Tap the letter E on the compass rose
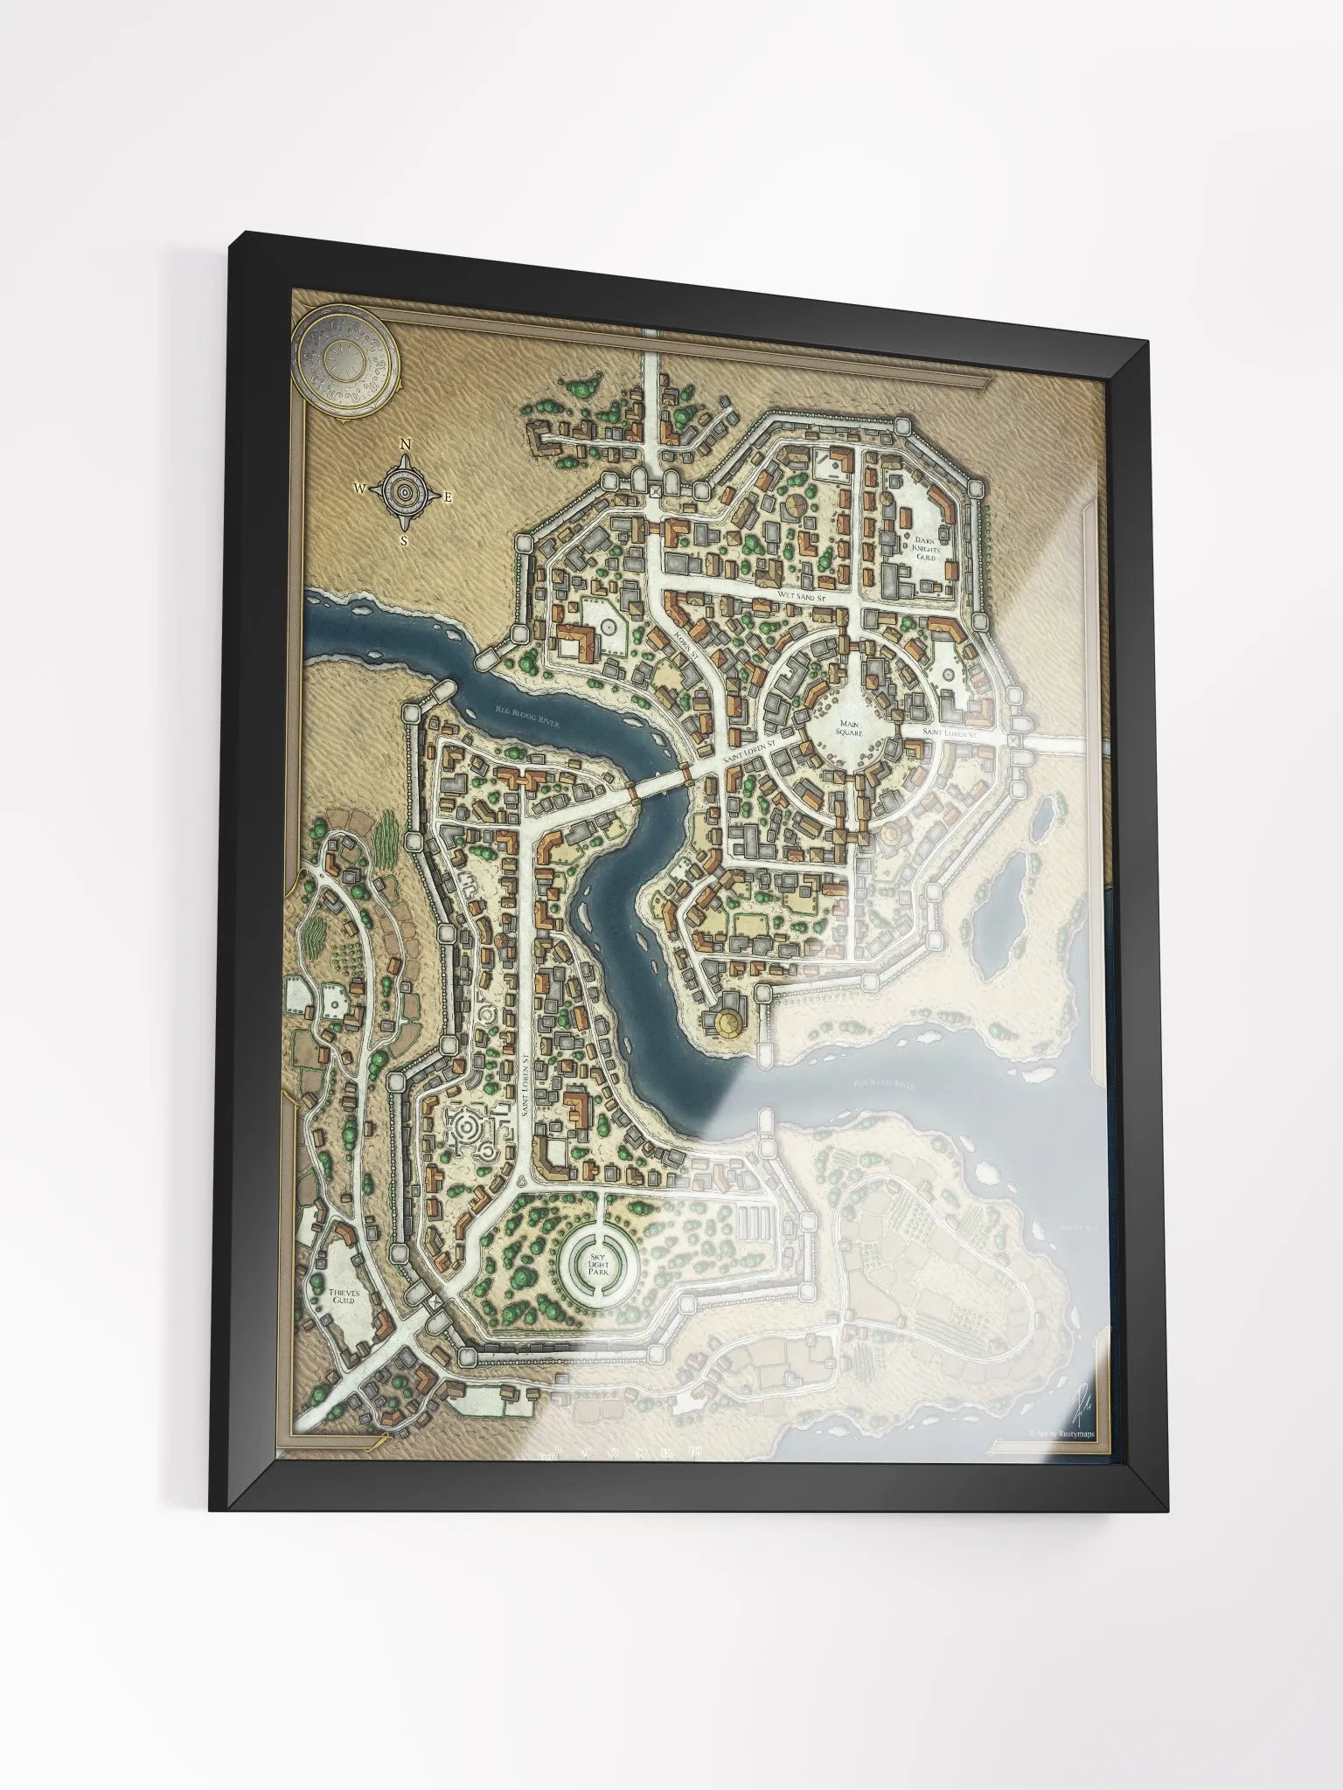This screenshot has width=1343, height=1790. point(449,497)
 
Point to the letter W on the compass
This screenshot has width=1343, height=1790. point(359,489)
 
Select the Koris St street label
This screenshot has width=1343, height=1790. point(685,645)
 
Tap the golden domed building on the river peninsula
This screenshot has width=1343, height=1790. point(727,1021)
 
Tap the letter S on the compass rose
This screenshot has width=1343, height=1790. point(404,540)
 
